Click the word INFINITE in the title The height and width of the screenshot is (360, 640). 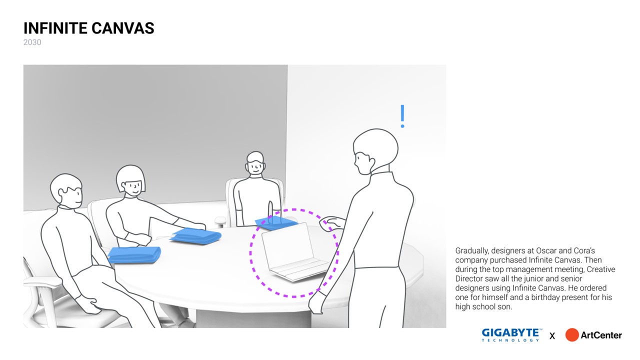(55, 28)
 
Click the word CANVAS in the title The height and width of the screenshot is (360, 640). (123, 28)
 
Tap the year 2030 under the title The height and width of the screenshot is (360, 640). (32, 42)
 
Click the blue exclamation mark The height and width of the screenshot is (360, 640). (402, 116)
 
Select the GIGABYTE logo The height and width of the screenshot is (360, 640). (511, 335)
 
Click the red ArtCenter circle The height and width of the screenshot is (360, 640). (572, 335)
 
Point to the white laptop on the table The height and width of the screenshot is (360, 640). (294, 252)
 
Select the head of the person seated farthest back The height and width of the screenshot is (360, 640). (255, 163)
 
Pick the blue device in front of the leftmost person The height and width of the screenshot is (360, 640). (134, 254)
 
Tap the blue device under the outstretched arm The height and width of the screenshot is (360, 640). (196, 236)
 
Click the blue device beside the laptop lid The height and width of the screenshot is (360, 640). (275, 223)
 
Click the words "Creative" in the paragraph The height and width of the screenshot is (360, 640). (601, 269)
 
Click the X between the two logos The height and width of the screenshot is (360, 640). (552, 336)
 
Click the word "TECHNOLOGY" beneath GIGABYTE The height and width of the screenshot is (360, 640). (510, 340)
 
